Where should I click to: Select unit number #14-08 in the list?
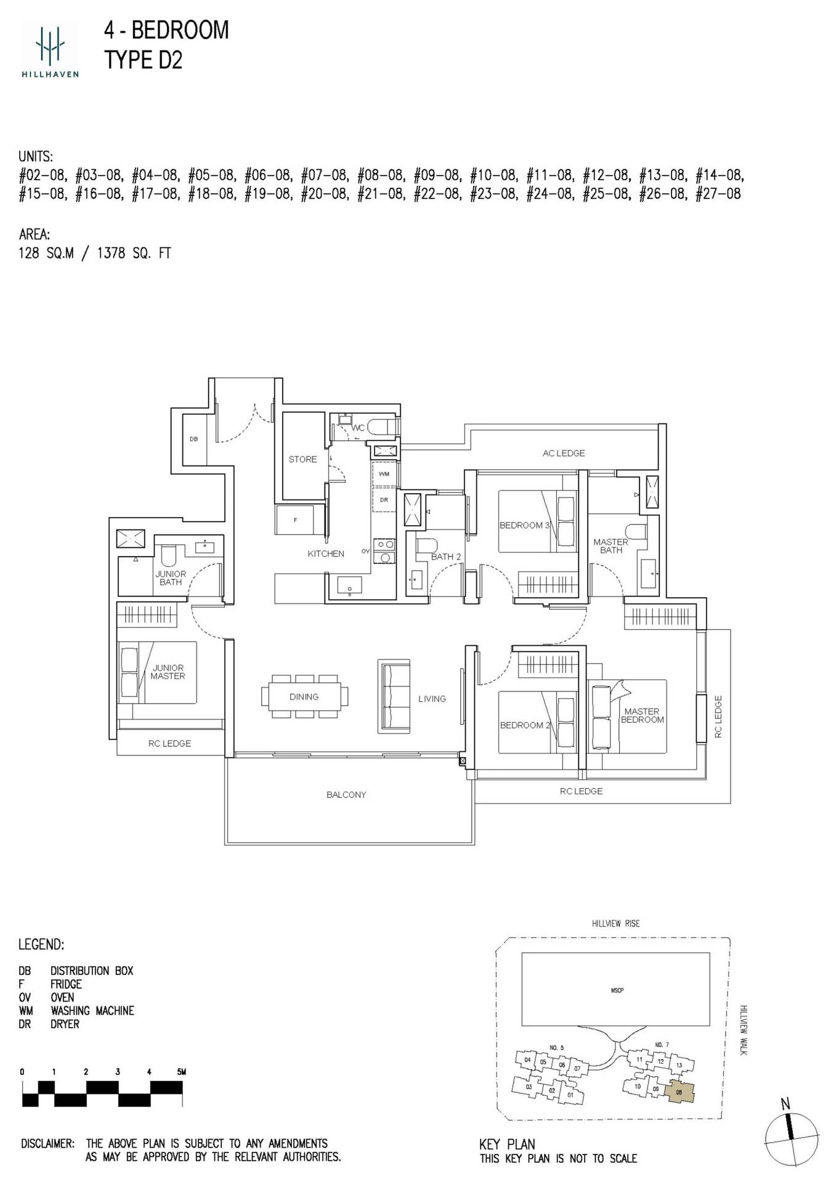click(x=719, y=175)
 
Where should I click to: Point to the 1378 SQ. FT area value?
click(x=134, y=253)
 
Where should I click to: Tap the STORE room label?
click(x=302, y=459)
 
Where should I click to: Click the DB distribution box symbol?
click(x=194, y=440)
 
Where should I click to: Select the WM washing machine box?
click(x=384, y=474)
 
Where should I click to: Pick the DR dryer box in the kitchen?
click(x=384, y=500)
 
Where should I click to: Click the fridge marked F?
click(x=295, y=520)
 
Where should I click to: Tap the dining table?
click(x=304, y=696)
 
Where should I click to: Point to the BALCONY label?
click(x=346, y=795)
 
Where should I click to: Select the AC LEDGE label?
click(x=564, y=453)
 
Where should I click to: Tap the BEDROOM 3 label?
click(x=524, y=525)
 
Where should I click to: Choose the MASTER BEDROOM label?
click(x=642, y=715)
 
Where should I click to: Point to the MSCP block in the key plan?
click(x=616, y=991)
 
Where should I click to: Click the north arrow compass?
click(x=791, y=1134)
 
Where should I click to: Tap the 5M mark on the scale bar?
click(x=181, y=1072)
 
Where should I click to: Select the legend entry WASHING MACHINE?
click(x=92, y=1011)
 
